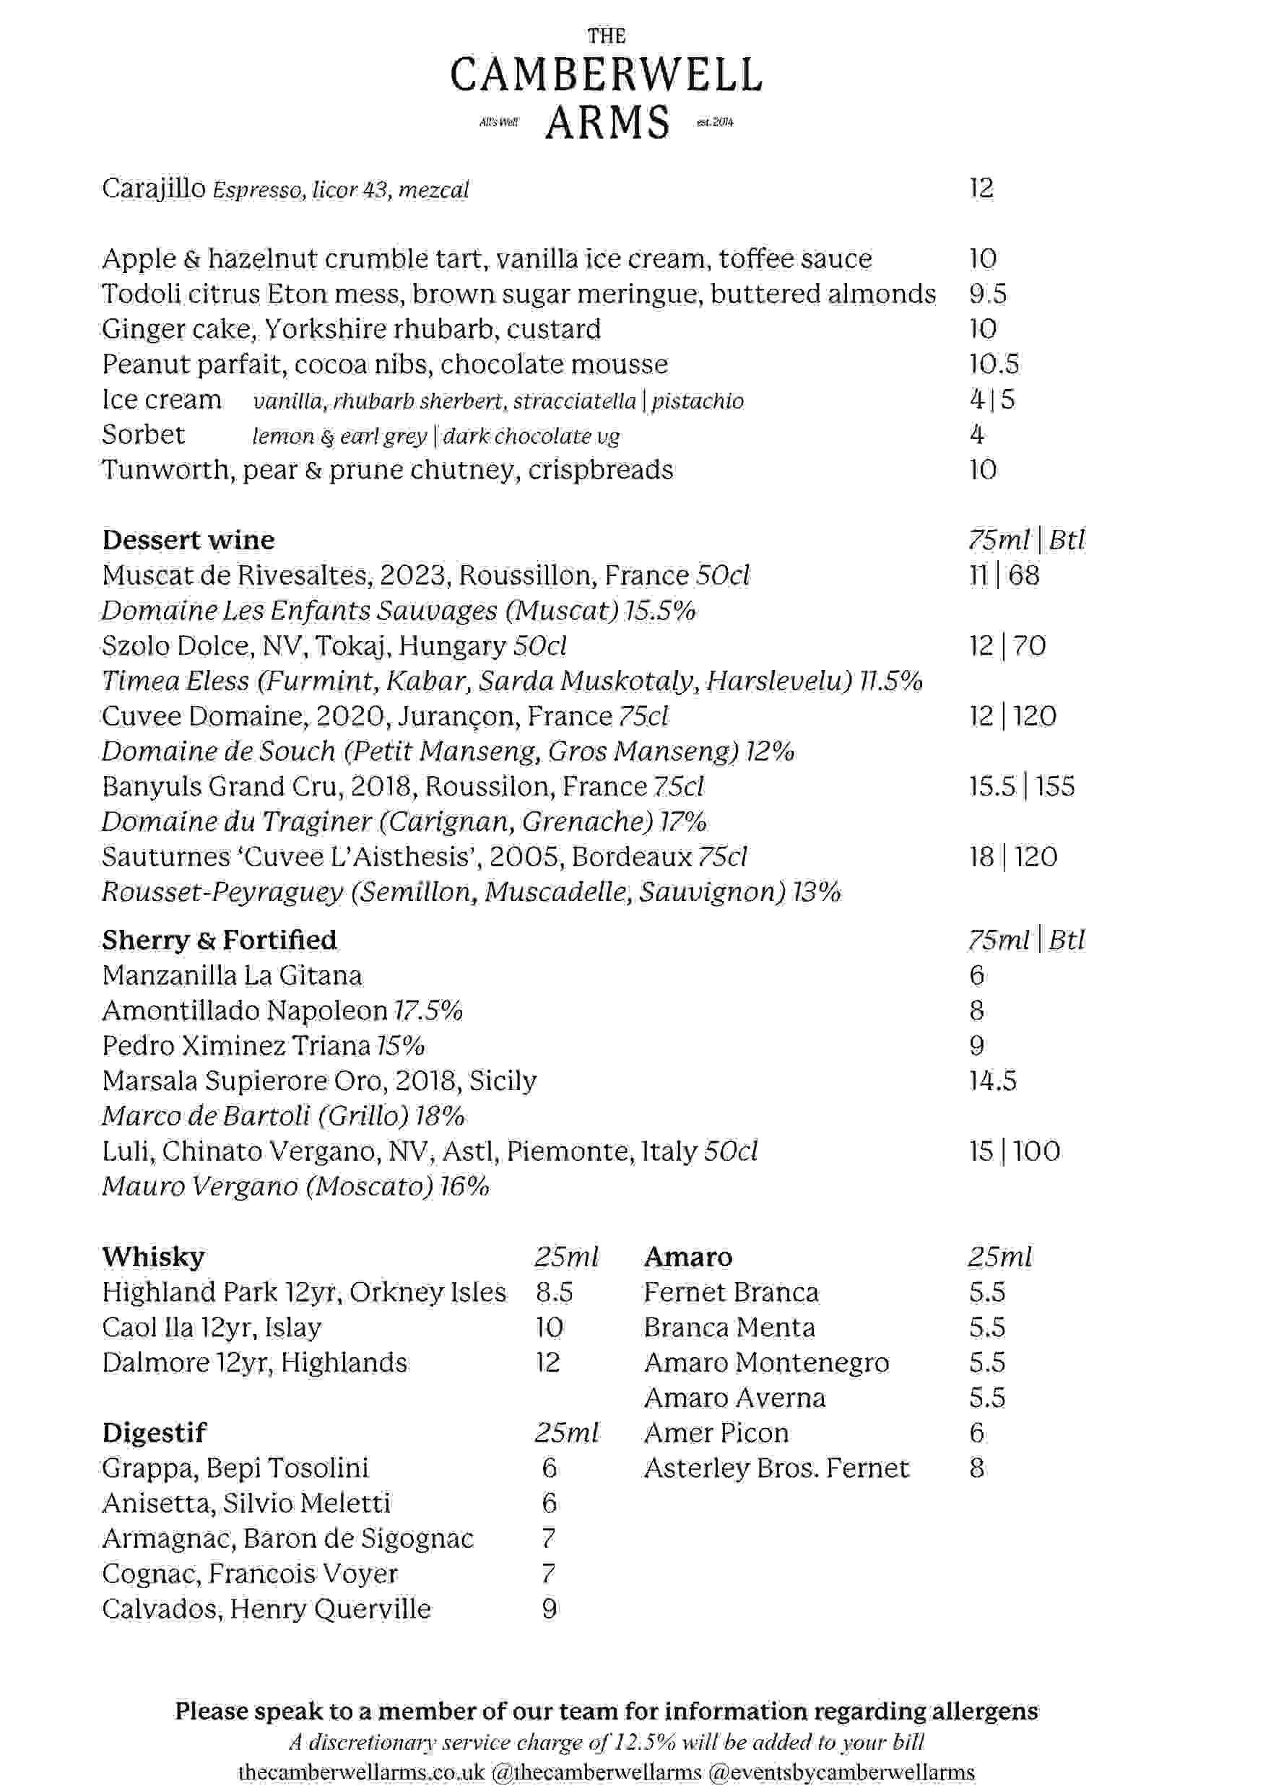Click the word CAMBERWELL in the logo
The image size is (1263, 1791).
606,76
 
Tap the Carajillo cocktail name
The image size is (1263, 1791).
154,188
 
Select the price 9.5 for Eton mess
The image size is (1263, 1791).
987,294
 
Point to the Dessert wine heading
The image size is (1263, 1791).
188,540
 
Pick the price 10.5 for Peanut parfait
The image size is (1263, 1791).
993,365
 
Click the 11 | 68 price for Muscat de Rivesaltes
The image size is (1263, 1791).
1003,575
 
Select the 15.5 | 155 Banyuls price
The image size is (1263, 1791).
1021,786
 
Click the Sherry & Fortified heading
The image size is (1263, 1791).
220,940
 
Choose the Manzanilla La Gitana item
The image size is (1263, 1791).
232,976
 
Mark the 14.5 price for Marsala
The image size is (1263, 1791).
992,1081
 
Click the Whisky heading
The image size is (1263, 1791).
153,1257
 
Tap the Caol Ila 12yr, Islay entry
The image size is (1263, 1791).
212,1328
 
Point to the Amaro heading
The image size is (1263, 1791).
687,1257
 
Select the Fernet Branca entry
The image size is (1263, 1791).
731,1293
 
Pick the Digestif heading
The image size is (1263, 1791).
154,1433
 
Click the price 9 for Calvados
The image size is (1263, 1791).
550,1609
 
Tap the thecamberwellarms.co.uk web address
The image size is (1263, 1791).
361,1772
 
